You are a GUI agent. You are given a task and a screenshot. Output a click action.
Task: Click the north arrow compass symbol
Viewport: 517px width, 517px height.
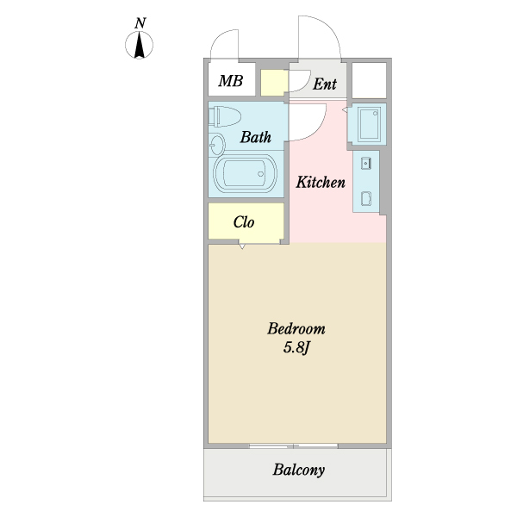click(139, 45)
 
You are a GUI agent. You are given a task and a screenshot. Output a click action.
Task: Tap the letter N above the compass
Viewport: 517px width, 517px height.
click(140, 23)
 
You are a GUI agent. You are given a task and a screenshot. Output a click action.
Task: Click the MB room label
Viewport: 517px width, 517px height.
click(231, 81)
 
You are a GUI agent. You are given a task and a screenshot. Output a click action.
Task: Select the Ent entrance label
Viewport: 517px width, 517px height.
click(325, 84)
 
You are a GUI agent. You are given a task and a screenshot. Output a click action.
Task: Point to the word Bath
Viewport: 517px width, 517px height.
click(256, 137)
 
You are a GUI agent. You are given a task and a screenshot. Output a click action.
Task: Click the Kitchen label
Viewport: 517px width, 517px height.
click(321, 182)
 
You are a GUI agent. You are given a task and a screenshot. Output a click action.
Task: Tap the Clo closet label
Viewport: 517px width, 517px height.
click(244, 222)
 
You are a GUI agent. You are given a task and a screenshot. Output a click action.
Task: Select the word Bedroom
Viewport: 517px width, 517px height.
click(296, 329)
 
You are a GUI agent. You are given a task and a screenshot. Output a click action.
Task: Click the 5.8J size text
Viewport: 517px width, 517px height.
click(296, 347)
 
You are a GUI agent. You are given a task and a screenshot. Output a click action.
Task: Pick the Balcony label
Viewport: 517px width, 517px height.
click(298, 470)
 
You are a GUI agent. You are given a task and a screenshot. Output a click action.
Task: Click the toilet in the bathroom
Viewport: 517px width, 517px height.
click(225, 116)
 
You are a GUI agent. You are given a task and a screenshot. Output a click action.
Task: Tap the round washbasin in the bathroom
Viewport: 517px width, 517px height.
click(217, 145)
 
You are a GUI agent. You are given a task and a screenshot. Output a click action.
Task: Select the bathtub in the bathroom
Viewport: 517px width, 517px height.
click(245, 174)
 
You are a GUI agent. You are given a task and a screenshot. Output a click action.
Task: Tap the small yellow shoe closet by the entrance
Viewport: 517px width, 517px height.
click(273, 83)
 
